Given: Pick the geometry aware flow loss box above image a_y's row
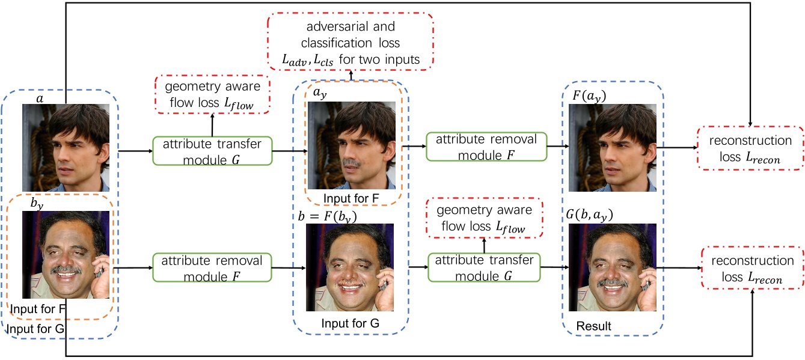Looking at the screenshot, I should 213,94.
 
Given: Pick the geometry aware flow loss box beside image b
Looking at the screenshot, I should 485,219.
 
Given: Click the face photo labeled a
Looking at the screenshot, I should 66,147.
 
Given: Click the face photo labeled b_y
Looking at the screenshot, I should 66,255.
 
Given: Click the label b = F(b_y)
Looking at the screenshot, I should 331,217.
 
